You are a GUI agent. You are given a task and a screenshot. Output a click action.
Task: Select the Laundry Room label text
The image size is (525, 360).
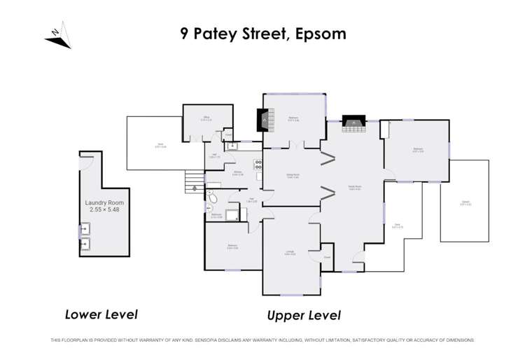pyautogui.click(x=105, y=203)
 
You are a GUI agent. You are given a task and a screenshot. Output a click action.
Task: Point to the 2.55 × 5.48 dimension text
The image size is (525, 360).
pyautogui.click(x=105, y=210)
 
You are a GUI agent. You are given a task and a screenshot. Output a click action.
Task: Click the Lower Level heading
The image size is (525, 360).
pyautogui.click(x=101, y=314)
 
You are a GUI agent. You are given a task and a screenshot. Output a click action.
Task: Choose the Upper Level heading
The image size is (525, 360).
pyautogui.click(x=304, y=315)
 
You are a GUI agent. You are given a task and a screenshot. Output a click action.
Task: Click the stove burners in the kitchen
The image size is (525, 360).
pyautogui.click(x=258, y=167)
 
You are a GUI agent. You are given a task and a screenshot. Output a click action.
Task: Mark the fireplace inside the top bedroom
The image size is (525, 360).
pyautogui.click(x=265, y=121)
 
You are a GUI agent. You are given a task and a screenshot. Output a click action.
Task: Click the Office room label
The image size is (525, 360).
pyautogui.click(x=206, y=118)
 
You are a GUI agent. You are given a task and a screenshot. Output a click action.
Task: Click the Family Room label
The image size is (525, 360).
pyautogui.click(x=354, y=187)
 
